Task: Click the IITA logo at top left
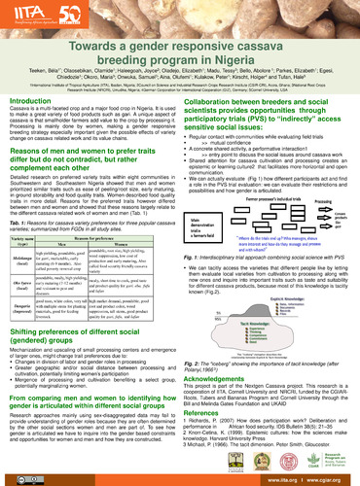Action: point(29,14)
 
